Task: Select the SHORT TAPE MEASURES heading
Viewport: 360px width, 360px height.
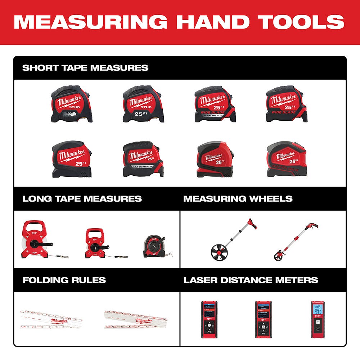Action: [85, 68]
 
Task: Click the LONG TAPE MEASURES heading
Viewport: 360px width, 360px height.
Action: [82, 199]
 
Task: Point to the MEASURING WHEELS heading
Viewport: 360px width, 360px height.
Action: [238, 199]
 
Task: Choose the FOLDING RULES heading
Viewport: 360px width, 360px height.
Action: [64, 280]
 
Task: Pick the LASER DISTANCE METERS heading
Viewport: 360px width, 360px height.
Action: [251, 280]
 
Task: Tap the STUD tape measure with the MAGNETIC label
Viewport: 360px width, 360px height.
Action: [72, 104]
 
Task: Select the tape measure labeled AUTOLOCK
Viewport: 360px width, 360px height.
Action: [287, 159]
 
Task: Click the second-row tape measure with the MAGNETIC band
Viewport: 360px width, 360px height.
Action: [143, 159]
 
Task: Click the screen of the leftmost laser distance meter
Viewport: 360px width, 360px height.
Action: [209, 310]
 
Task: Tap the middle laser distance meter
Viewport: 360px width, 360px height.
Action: [264, 319]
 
